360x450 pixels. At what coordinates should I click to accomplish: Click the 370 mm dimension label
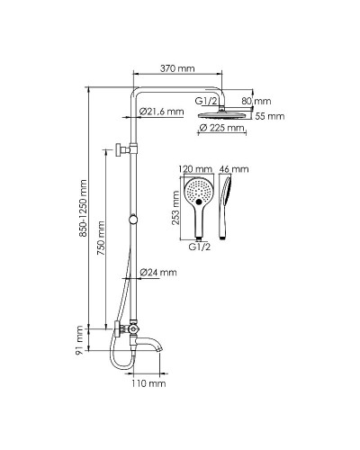[177, 68]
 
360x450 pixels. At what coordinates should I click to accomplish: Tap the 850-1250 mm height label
[83, 208]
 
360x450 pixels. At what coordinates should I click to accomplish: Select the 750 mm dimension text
[101, 238]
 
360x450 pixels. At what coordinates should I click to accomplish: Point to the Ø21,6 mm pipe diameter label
[162, 112]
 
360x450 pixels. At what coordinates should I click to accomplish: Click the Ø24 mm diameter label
[158, 273]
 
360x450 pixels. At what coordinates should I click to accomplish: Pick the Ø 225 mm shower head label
[221, 128]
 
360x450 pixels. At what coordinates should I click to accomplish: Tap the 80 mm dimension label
[256, 101]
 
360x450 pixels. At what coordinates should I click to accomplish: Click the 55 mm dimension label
[270, 116]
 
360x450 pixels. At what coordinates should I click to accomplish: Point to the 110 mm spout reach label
[148, 383]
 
